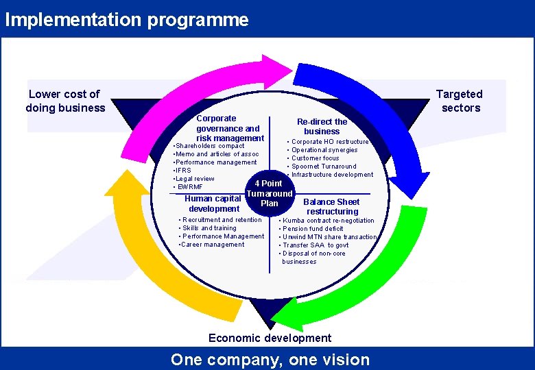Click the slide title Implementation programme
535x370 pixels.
[x=127, y=19]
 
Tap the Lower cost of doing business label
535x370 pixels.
[x=65, y=101]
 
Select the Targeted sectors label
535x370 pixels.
[x=460, y=101]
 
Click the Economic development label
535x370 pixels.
[x=270, y=338]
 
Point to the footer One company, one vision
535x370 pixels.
[x=270, y=360]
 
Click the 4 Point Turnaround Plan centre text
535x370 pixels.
[x=270, y=193]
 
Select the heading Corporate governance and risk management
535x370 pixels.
[x=229, y=128]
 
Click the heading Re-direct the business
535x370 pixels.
[x=322, y=126]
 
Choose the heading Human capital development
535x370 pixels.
[x=214, y=203]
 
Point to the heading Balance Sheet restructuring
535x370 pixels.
[x=332, y=206]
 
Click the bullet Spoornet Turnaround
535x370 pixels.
[x=324, y=166]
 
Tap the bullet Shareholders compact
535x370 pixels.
[x=209, y=146]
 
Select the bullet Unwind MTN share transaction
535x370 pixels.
[x=329, y=237]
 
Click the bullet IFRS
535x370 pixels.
[x=183, y=171]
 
